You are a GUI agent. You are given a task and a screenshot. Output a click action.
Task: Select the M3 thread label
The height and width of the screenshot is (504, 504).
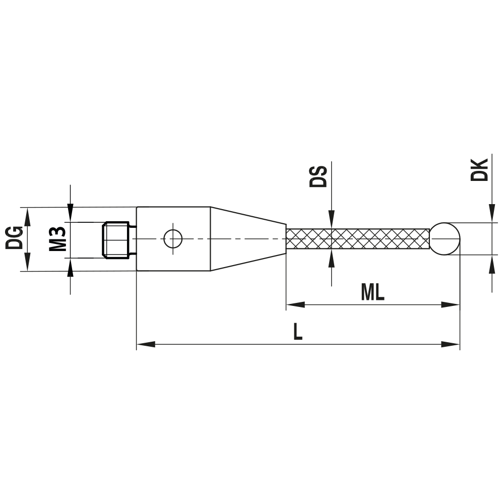[58, 239]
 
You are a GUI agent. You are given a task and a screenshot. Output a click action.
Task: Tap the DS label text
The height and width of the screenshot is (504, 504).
[319, 175]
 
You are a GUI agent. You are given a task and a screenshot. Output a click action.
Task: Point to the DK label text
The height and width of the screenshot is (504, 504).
[479, 169]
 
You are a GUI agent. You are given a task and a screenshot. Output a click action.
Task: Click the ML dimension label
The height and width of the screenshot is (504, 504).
[372, 292]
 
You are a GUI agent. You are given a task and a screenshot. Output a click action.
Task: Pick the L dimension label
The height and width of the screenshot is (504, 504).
[298, 332]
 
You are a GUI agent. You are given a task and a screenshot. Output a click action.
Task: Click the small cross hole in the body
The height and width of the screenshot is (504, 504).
[173, 238]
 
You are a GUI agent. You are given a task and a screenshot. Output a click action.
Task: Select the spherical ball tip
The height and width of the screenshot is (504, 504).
[445, 238]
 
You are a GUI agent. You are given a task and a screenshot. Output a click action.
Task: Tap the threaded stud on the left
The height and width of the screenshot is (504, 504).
[117, 239]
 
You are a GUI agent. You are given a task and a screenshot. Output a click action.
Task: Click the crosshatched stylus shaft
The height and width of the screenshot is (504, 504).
[358, 239]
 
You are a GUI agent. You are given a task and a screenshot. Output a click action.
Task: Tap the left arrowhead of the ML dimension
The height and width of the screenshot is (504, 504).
[295, 304]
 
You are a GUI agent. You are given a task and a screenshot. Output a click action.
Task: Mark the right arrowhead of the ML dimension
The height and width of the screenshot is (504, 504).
[451, 304]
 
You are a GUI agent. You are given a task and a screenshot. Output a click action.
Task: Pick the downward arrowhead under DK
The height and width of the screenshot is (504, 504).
[491, 214]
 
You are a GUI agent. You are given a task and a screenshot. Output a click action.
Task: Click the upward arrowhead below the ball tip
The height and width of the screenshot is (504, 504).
[491, 264]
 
